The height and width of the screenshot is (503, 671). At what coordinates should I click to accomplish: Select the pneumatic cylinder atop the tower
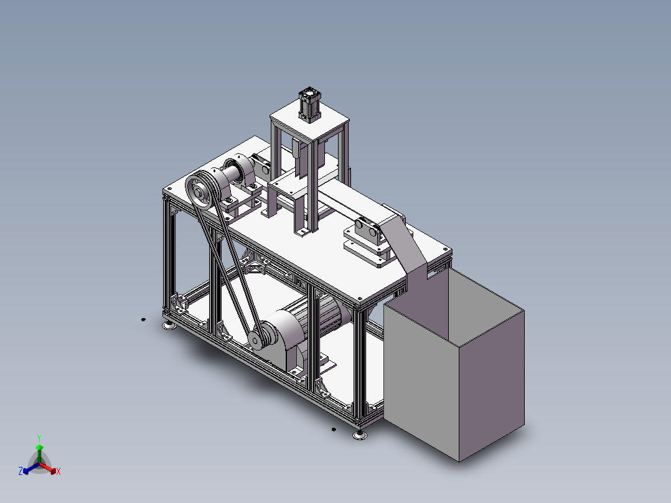click(309, 105)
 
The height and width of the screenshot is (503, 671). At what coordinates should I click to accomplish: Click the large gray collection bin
click(454, 364)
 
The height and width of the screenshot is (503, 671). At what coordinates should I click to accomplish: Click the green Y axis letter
click(39, 438)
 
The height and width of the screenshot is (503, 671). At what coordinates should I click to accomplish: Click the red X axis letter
click(59, 471)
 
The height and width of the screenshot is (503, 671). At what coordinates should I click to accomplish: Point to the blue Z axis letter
click(21, 471)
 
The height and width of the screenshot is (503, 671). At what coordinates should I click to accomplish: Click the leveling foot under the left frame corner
click(170, 326)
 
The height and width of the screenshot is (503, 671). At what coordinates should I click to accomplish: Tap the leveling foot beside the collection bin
click(360, 435)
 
